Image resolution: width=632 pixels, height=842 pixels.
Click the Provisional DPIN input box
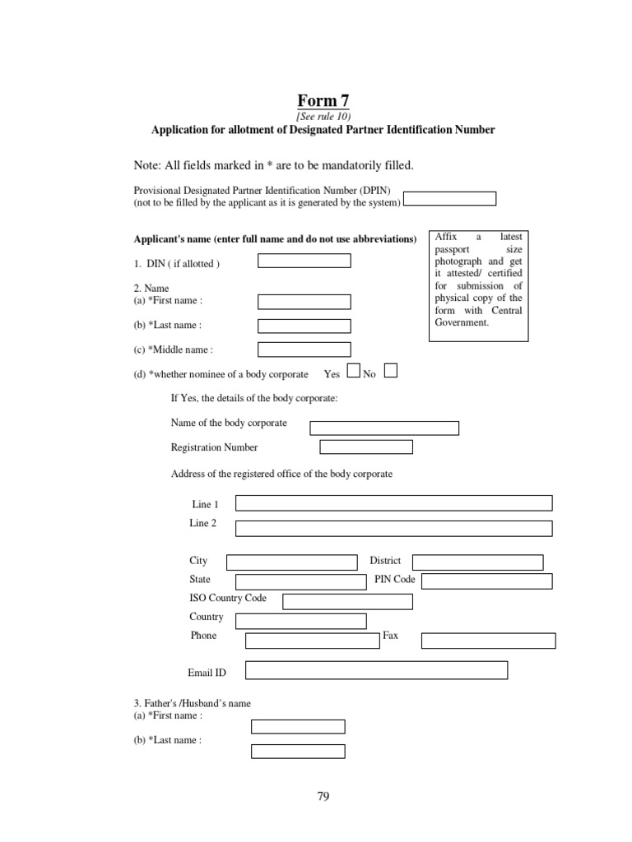(449, 198)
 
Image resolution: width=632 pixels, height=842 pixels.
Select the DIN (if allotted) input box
(304, 261)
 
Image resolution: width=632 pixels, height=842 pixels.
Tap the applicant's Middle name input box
(304, 349)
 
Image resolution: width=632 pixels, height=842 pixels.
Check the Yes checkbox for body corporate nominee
(353, 371)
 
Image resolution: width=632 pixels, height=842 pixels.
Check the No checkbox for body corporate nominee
(391, 371)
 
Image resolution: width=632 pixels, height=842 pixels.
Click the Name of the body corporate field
(383, 428)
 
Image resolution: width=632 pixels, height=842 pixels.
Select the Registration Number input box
(365, 447)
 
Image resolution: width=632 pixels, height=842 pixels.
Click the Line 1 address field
(393, 503)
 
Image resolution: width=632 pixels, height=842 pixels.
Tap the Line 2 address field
(393, 528)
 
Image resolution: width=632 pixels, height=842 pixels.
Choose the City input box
(291, 562)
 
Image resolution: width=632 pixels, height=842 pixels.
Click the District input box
(477, 562)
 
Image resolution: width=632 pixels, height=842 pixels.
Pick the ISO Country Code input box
(347, 602)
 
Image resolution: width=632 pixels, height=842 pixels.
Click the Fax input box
(489, 641)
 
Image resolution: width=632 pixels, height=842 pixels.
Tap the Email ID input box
(376, 670)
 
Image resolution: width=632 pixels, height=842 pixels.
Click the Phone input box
(312, 641)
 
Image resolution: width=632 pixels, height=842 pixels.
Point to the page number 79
(323, 796)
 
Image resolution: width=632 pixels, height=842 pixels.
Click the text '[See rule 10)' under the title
(323, 117)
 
